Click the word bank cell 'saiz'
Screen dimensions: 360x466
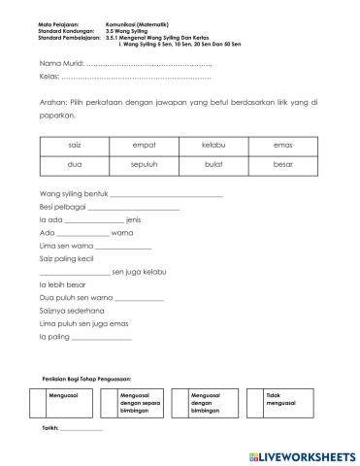(76, 145)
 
